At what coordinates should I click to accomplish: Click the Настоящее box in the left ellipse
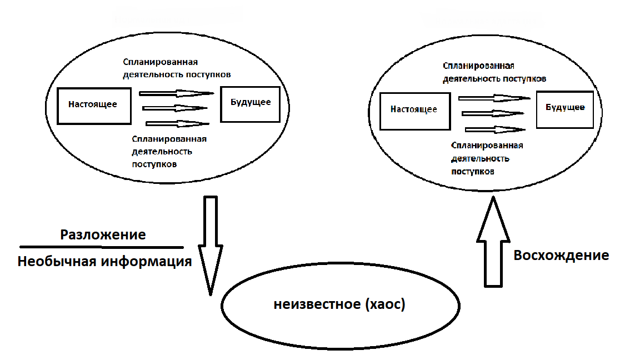coord(93,104)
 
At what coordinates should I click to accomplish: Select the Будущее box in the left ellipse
coord(250,103)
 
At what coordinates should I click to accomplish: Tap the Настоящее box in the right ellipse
coord(414,109)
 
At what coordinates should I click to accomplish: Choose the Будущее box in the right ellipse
coord(565,108)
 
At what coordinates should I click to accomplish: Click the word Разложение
coord(103,234)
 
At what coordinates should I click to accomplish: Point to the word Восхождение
coord(561,256)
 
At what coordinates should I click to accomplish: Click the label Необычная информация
coord(104,262)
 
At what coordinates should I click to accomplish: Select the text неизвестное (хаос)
coord(339,304)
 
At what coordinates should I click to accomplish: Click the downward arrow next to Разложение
coord(211,244)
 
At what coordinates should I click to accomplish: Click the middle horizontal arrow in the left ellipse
coord(175,108)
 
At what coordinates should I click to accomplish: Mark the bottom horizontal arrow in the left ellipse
coord(177,123)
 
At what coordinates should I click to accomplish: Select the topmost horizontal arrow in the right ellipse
coord(494,98)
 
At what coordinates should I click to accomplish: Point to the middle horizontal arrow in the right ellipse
coord(493,114)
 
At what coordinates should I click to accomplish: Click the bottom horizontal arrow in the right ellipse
coord(495,129)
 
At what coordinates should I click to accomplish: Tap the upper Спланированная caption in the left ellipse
coord(177,68)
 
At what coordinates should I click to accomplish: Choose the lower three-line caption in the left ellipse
coord(169,151)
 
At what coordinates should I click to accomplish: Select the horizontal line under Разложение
coord(101,247)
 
